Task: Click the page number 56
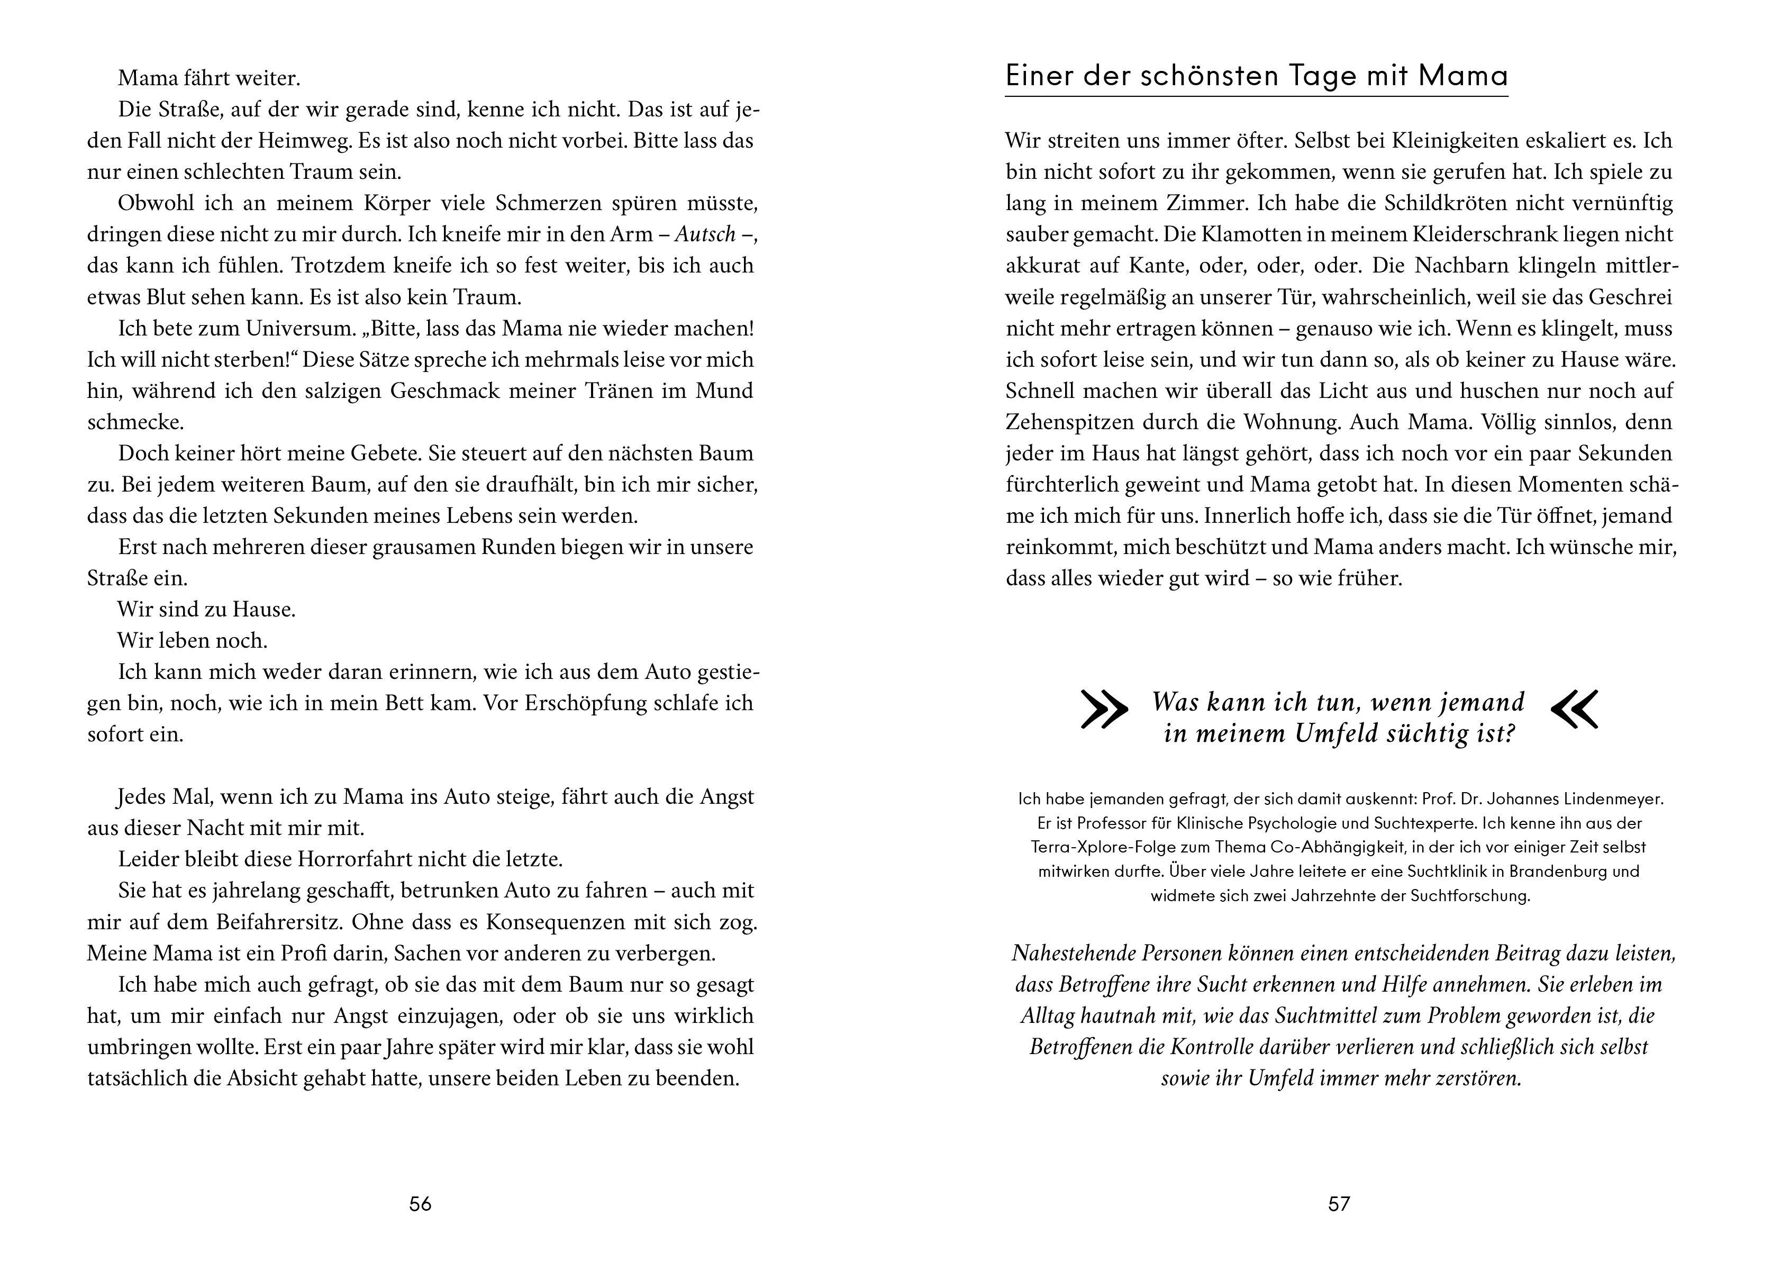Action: (x=420, y=1203)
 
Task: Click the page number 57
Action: (x=1339, y=1203)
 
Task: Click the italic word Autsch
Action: (x=705, y=234)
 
